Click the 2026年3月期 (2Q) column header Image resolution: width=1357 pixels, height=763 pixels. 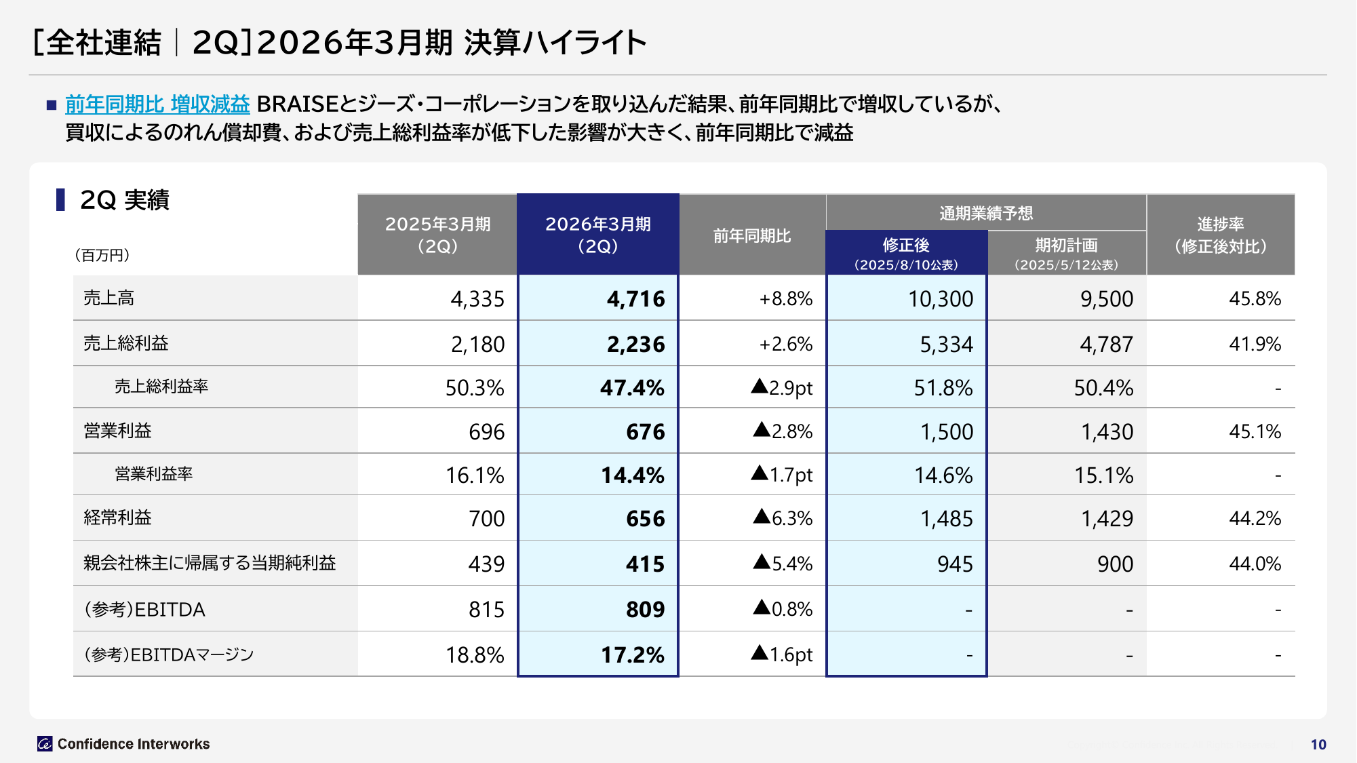point(597,235)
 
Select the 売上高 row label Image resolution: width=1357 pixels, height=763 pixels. point(109,298)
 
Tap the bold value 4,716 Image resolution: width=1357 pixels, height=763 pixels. point(635,299)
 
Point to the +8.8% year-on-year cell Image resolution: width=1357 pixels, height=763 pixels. point(785,299)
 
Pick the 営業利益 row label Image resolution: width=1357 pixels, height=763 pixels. point(117,431)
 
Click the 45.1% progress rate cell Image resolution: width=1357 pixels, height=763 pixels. point(1255,431)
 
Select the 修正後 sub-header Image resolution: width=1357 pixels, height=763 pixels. point(906,245)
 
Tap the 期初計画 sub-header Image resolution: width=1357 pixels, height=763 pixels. point(1066,245)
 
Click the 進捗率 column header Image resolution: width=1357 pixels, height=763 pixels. point(1220,235)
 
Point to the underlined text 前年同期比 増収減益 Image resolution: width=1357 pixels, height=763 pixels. point(157,104)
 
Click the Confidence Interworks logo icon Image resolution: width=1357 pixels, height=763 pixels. point(45,744)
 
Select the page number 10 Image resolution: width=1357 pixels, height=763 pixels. point(1318,745)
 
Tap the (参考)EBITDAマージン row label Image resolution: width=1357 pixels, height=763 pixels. point(169,654)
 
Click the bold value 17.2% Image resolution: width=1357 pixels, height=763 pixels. point(632,655)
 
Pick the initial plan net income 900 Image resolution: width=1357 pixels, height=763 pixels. point(1115,564)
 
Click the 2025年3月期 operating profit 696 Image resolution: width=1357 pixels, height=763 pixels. point(486,432)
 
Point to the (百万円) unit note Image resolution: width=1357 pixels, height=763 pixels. point(102,255)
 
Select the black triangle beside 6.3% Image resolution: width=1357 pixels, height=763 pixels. point(762,517)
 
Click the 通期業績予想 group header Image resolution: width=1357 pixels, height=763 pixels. point(986,213)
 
